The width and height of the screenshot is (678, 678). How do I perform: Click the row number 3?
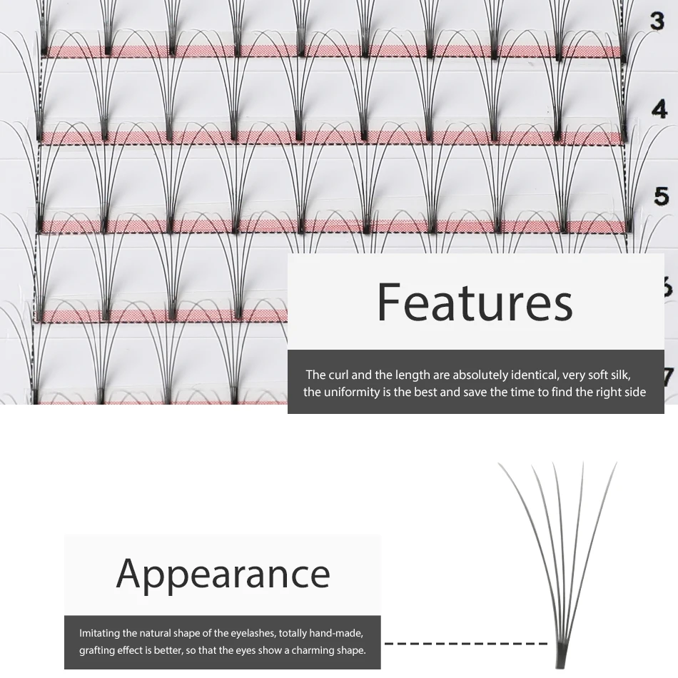tap(657, 21)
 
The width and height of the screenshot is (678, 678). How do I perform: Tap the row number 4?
tap(659, 109)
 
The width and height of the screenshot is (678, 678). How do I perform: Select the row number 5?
tap(661, 196)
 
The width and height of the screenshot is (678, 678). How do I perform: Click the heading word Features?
tap(475, 302)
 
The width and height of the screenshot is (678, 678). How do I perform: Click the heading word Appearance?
tap(223, 573)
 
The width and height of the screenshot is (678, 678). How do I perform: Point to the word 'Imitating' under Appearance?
tap(100, 633)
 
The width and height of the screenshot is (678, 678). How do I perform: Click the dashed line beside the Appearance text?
tap(464, 643)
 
